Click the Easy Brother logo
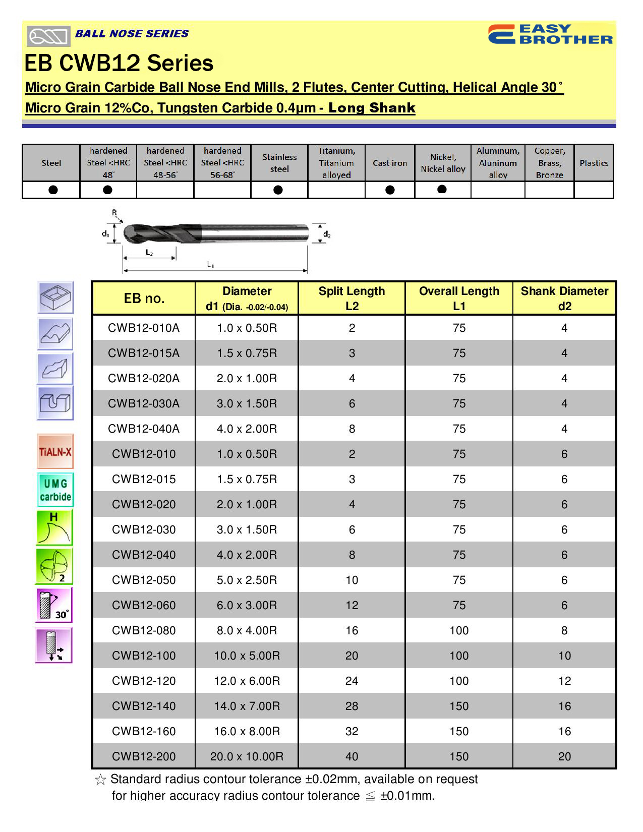(550, 34)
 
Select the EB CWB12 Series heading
(119, 64)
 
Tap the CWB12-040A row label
(144, 429)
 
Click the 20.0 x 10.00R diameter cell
(247, 756)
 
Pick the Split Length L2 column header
(352, 299)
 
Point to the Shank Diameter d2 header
(564, 299)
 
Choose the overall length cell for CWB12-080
(459, 630)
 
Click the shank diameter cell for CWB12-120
(564, 681)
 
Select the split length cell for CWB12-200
(352, 756)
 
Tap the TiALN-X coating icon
(55, 451)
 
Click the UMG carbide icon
(55, 490)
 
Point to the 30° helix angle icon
(54, 605)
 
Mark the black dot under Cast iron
(389, 190)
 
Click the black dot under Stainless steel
(278, 190)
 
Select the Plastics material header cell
(594, 163)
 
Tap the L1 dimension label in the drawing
(211, 264)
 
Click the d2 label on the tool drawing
(327, 234)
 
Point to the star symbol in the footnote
(100, 780)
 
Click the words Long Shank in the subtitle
(372, 108)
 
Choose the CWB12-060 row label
(144, 605)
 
